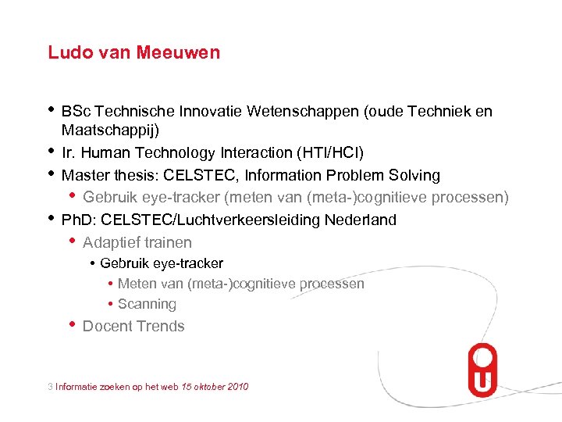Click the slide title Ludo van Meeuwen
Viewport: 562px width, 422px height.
tap(133, 52)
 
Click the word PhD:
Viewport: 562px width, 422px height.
tap(79, 220)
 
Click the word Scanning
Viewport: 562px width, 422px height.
tap(147, 304)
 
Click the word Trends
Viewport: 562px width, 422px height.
tap(161, 327)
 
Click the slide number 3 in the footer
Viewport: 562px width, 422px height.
tap(50, 386)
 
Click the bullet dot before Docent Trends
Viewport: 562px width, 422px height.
tap(72, 324)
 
